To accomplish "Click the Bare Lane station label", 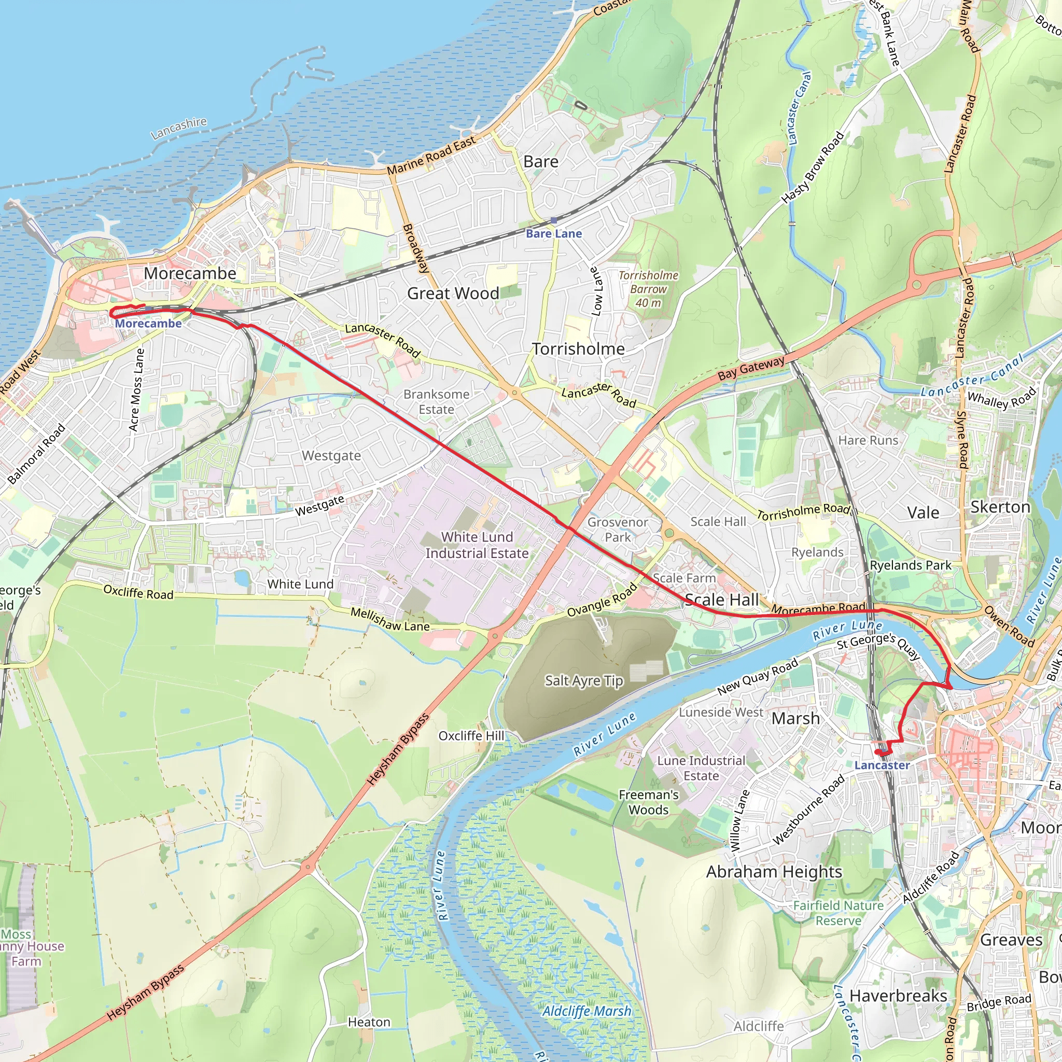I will point(553,234).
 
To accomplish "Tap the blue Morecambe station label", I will point(148,324).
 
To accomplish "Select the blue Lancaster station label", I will point(882,765).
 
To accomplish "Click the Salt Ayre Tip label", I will point(584,681).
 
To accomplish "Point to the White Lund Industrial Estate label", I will point(477,545).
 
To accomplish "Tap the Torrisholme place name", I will point(578,349).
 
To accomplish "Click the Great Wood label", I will point(453,294).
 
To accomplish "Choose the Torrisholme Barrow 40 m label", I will point(648,289).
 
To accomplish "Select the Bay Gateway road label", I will point(751,369).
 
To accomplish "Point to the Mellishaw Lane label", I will point(390,620).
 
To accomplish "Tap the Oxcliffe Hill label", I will point(471,735).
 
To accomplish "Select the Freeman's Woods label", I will point(649,802).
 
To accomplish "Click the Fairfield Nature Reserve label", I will point(839,913).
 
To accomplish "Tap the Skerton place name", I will point(1000,507).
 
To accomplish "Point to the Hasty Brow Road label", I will point(813,167).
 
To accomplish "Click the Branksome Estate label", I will point(437,402).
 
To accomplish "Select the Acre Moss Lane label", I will point(136,389).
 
